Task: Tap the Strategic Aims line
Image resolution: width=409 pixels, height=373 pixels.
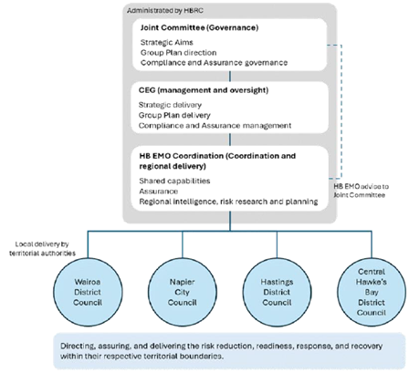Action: (168, 43)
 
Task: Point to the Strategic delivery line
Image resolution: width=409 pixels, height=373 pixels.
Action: (173, 105)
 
